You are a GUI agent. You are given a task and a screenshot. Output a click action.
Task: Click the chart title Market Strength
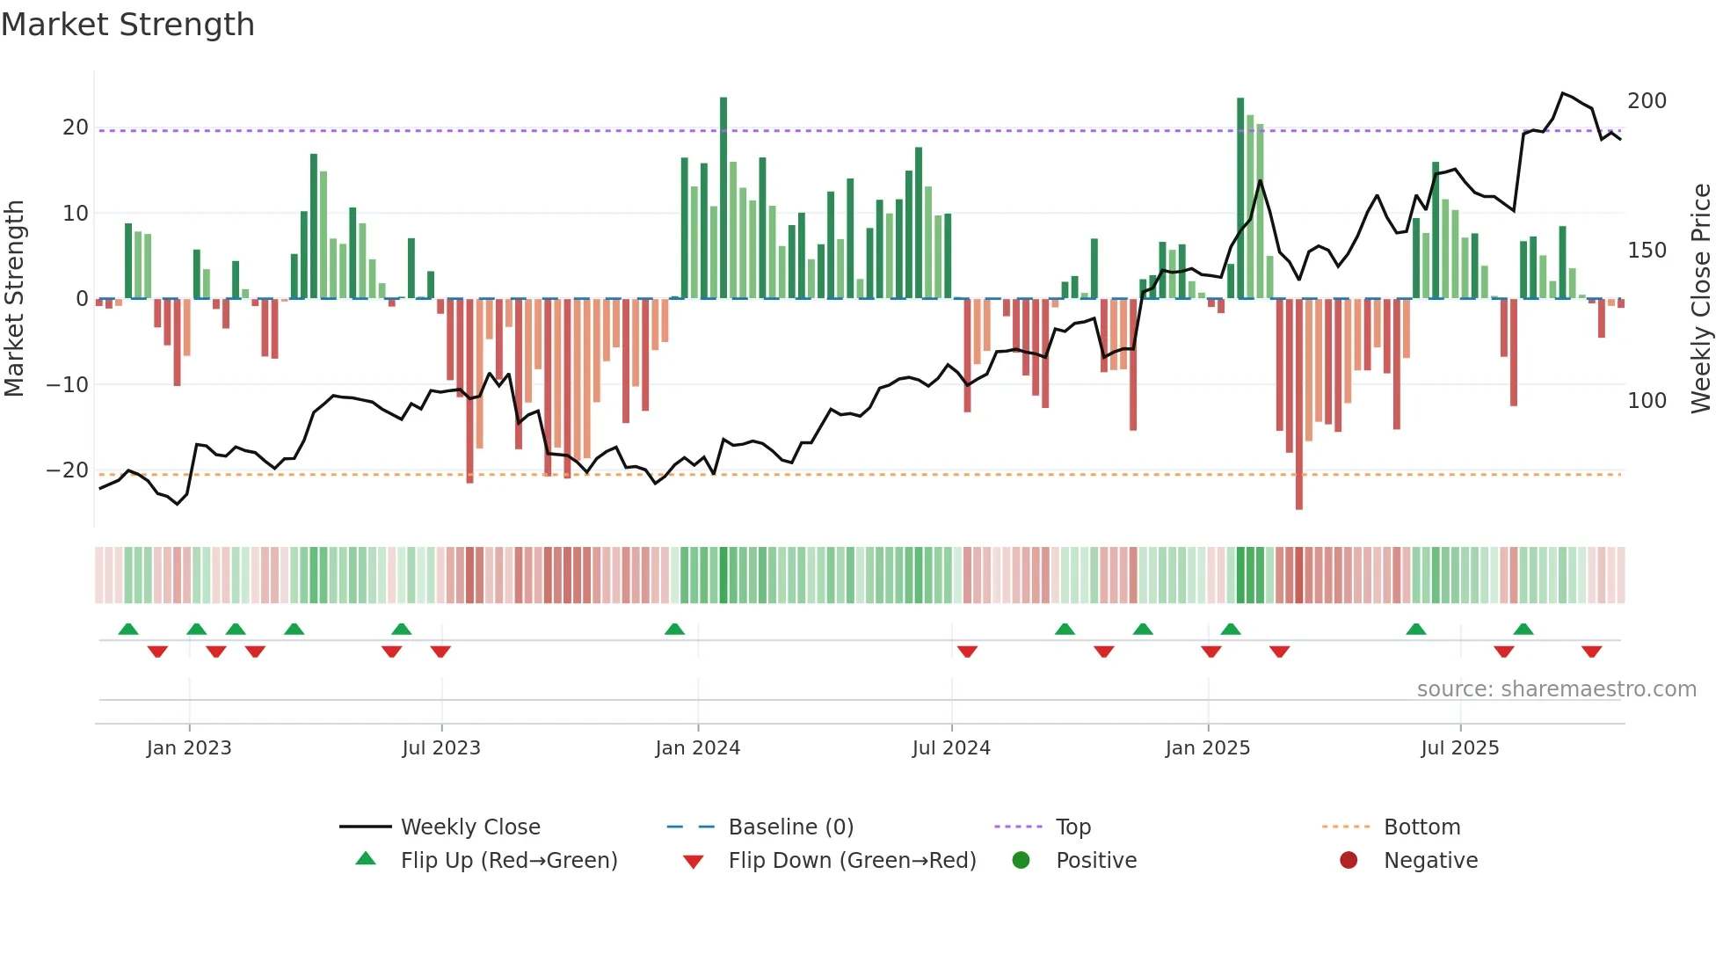pyautogui.click(x=127, y=25)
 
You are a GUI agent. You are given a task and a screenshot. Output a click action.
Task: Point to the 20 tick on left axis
pyautogui.click(x=76, y=127)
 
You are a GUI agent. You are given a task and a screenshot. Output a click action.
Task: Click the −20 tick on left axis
pyautogui.click(x=68, y=470)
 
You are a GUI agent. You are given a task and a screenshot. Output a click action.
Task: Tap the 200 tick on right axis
pyautogui.click(x=1647, y=101)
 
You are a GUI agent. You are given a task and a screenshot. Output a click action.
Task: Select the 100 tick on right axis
pyautogui.click(x=1647, y=401)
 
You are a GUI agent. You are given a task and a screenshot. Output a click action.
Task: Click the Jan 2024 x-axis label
pyautogui.click(x=698, y=748)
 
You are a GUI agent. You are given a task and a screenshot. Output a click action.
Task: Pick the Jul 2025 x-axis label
pyautogui.click(x=1459, y=748)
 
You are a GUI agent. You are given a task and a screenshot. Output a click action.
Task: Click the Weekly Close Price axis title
pyautogui.click(x=1701, y=299)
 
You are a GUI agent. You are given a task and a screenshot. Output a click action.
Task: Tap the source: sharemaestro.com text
pyautogui.click(x=1556, y=689)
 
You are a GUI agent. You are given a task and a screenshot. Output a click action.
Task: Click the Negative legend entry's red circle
pyautogui.click(x=1349, y=860)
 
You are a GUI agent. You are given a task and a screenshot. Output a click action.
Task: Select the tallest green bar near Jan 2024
pyautogui.click(x=723, y=198)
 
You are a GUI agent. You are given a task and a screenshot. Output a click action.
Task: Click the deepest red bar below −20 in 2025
pyautogui.click(x=1299, y=404)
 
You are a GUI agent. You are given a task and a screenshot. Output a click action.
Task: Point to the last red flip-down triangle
pyautogui.click(x=1591, y=652)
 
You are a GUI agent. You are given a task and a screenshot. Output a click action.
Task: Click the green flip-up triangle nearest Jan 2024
pyautogui.click(x=674, y=629)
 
